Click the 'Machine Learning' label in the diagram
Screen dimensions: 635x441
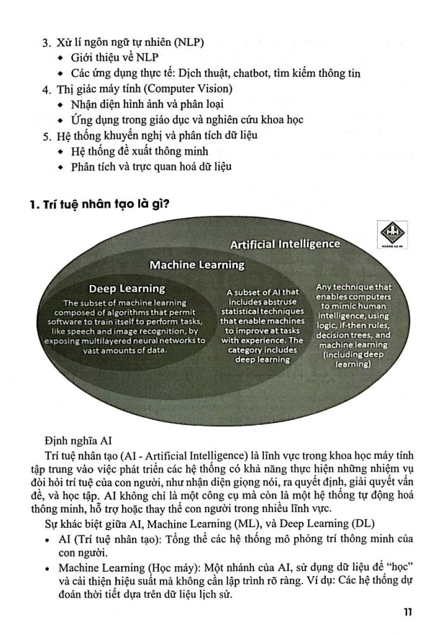pyautogui.click(x=198, y=265)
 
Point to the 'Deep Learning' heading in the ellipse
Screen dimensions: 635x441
pyautogui.click(x=127, y=288)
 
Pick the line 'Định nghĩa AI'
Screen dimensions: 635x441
pyautogui.click(x=77, y=440)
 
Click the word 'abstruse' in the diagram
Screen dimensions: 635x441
pyautogui.click(x=278, y=301)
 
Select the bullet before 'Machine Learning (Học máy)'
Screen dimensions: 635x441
pyautogui.click(x=48, y=568)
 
